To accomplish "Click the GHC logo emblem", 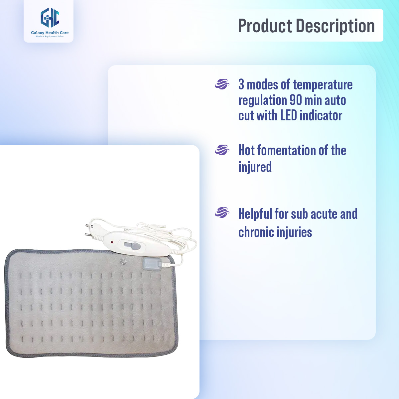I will click(50, 18).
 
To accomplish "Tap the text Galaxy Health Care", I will click(50, 33).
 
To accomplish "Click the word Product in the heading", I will click(265, 26).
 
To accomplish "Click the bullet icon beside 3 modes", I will click(222, 84).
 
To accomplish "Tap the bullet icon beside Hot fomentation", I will click(222, 150).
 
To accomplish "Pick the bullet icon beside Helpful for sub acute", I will click(222, 212).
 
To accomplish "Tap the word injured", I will click(255, 167).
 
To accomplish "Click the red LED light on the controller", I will click(112, 242).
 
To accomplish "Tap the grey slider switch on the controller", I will click(135, 247).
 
